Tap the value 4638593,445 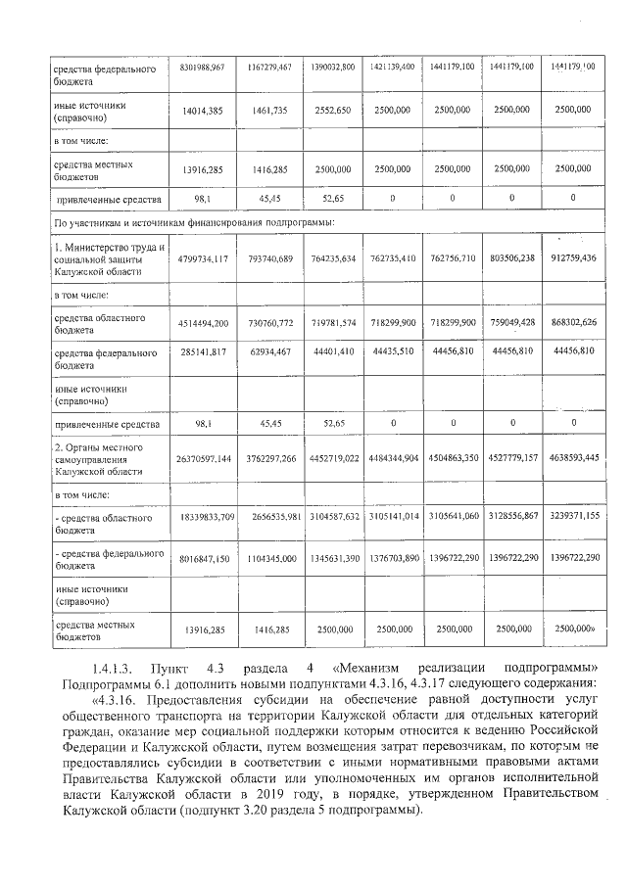[574, 457]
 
